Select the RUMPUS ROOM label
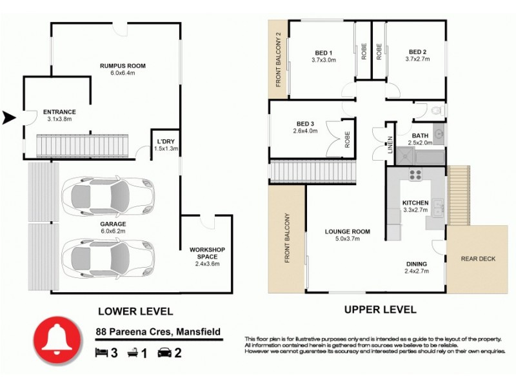(x=123, y=65)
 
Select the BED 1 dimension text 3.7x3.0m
(x=323, y=60)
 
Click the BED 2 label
(x=417, y=52)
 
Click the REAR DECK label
(x=478, y=259)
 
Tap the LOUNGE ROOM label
(x=347, y=231)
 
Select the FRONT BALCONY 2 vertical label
(x=279, y=59)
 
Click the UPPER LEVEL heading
(x=380, y=310)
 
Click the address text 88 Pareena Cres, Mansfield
(x=155, y=332)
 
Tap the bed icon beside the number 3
(x=101, y=353)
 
